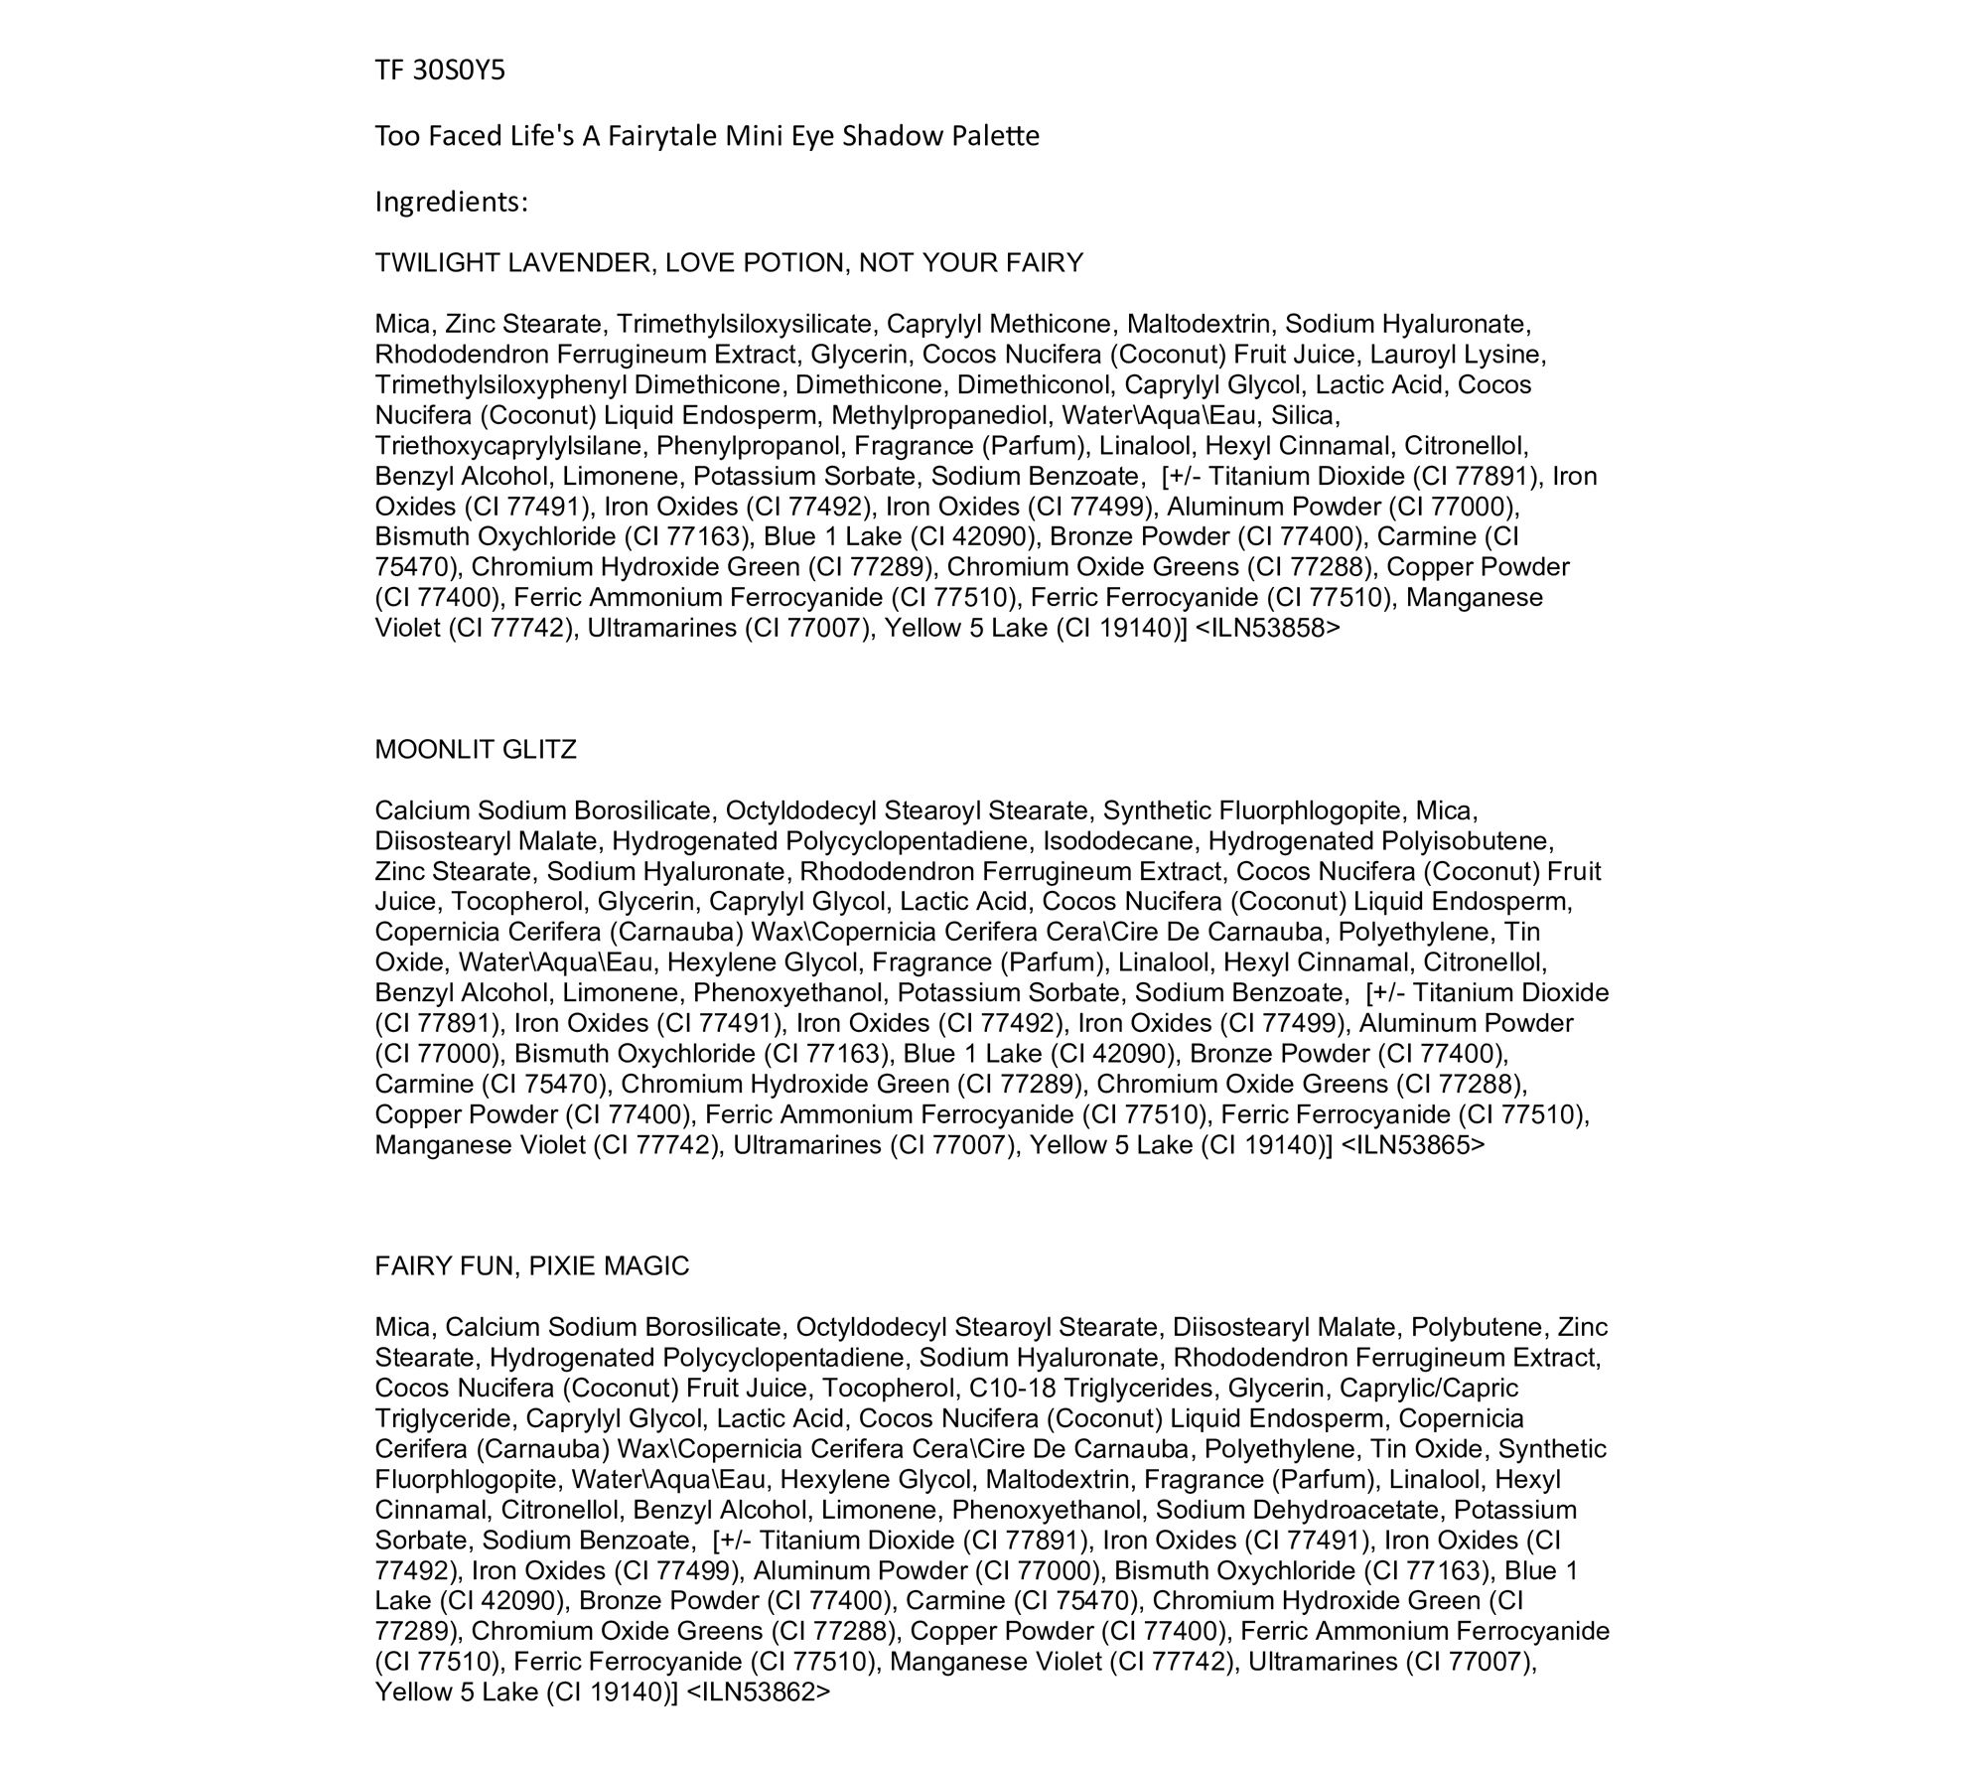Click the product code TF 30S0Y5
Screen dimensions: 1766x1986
(440, 71)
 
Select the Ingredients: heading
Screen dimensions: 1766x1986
(451, 203)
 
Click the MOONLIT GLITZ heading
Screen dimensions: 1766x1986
(476, 750)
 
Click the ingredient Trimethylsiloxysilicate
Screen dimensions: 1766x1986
(744, 324)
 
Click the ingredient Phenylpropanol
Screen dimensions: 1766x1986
(749, 446)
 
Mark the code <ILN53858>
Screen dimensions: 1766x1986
(1268, 628)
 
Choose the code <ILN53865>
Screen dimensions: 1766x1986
(1413, 1145)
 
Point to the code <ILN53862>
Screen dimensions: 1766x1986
(758, 1692)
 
